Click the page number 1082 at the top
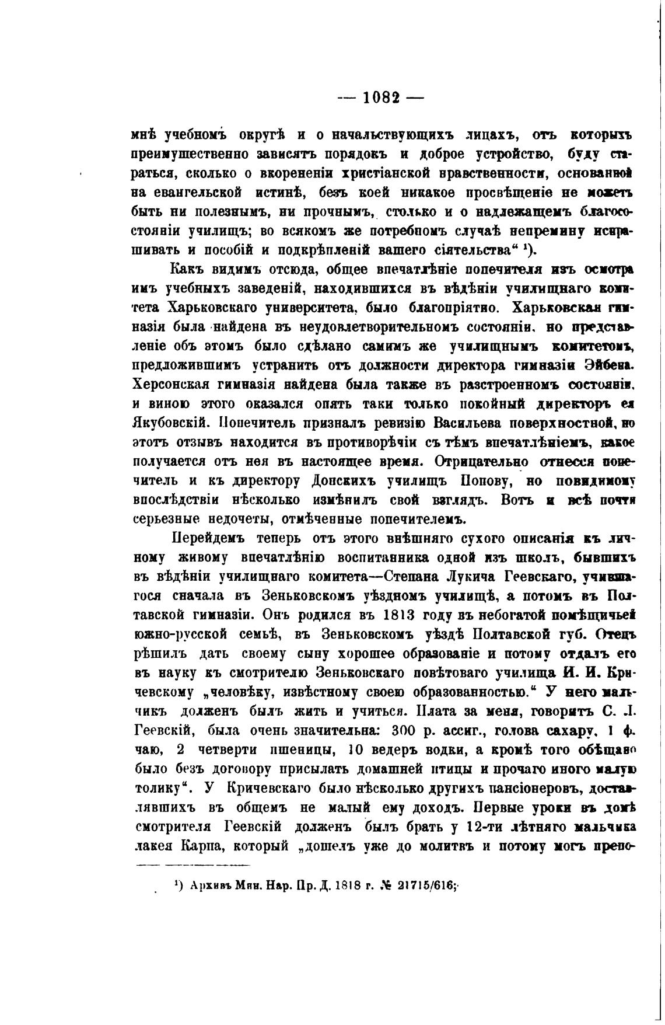[381, 97]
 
